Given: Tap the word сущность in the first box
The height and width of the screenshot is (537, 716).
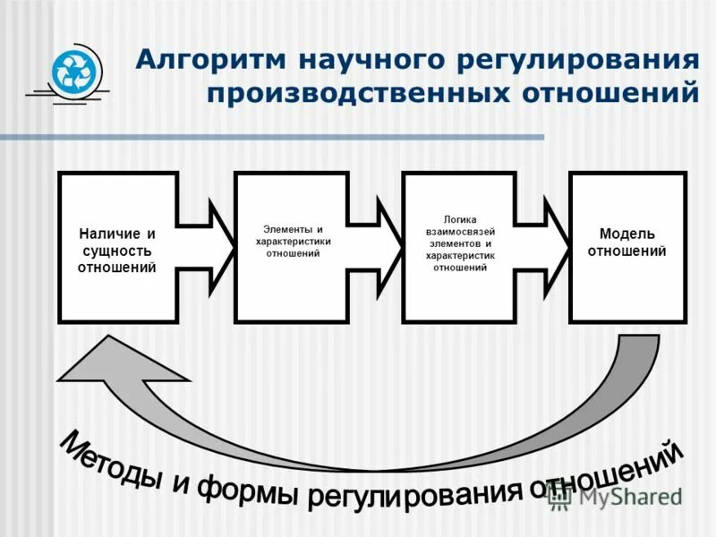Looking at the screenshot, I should click(x=117, y=251).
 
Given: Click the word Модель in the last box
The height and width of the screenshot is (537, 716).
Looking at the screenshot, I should click(x=626, y=234).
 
